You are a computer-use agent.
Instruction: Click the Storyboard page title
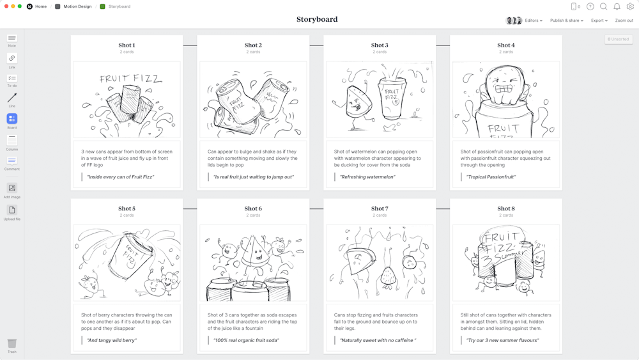[x=317, y=19]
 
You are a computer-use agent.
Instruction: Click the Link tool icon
[x=12, y=58]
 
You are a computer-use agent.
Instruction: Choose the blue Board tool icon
[x=12, y=118]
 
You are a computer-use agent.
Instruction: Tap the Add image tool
[x=12, y=188]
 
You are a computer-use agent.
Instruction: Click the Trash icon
[x=12, y=344]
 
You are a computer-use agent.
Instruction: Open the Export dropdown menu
[x=599, y=20]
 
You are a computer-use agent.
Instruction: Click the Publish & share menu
[x=566, y=20]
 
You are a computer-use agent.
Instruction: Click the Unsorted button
[x=618, y=39]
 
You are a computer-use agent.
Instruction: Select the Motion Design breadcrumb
[x=78, y=6]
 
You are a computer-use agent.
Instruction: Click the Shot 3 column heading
[x=380, y=45]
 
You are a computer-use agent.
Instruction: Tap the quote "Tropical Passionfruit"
[x=491, y=177]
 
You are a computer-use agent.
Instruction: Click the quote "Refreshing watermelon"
[x=367, y=177]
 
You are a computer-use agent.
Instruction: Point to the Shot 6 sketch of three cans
[x=253, y=263]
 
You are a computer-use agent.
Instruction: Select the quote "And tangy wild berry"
[x=112, y=340]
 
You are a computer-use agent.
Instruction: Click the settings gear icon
[x=630, y=6]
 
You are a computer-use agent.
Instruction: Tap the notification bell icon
[x=617, y=6]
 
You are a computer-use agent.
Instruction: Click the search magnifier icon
[x=603, y=6]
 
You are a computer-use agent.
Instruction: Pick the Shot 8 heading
[x=506, y=208]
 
